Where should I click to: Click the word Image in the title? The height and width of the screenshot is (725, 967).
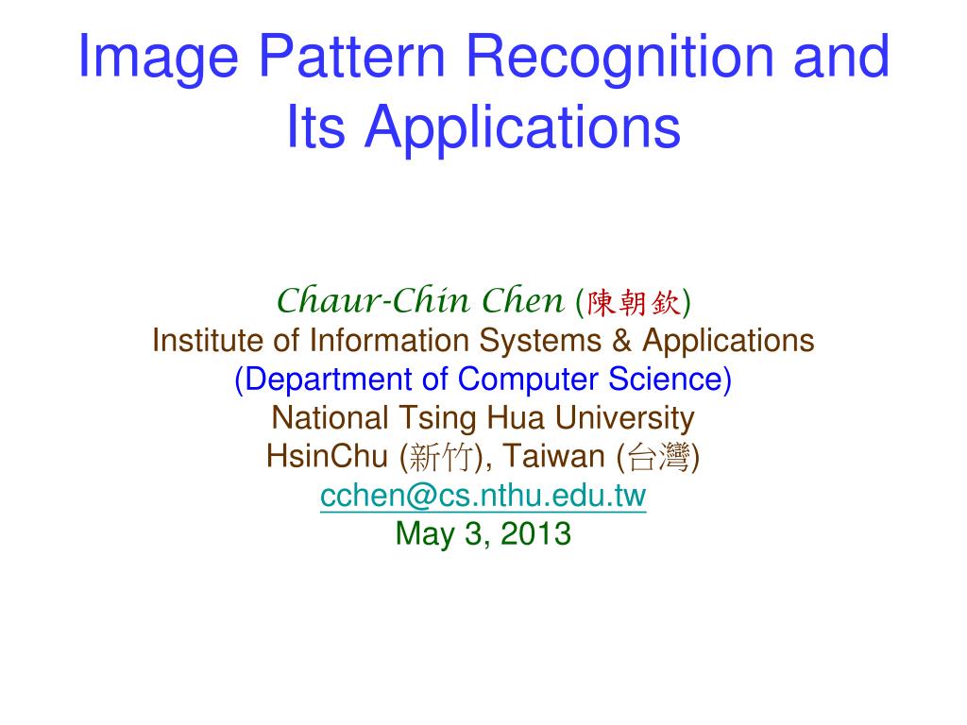click(159, 59)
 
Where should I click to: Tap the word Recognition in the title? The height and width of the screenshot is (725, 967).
click(619, 59)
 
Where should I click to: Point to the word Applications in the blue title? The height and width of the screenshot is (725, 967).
click(523, 128)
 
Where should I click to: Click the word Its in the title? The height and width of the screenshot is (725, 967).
click(315, 126)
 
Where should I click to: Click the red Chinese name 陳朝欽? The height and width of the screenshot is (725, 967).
click(634, 303)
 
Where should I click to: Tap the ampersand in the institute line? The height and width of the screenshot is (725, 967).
click(621, 340)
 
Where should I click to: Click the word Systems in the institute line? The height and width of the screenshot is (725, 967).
click(540, 342)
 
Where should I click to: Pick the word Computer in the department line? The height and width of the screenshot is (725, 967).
click(527, 379)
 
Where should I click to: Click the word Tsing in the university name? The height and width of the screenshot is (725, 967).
click(437, 419)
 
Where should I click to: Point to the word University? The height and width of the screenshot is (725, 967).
click(624, 419)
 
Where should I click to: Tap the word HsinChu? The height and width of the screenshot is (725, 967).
click(327, 456)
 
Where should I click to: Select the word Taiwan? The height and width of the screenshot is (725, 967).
click(553, 456)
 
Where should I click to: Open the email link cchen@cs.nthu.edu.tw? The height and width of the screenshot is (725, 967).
click(483, 496)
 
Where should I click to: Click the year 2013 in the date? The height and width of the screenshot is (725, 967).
click(535, 534)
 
